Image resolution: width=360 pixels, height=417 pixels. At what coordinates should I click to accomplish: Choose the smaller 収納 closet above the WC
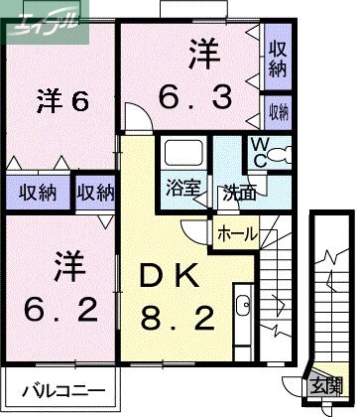tap(277, 110)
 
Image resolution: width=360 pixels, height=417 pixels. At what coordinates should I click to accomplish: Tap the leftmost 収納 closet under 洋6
tap(35, 192)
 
